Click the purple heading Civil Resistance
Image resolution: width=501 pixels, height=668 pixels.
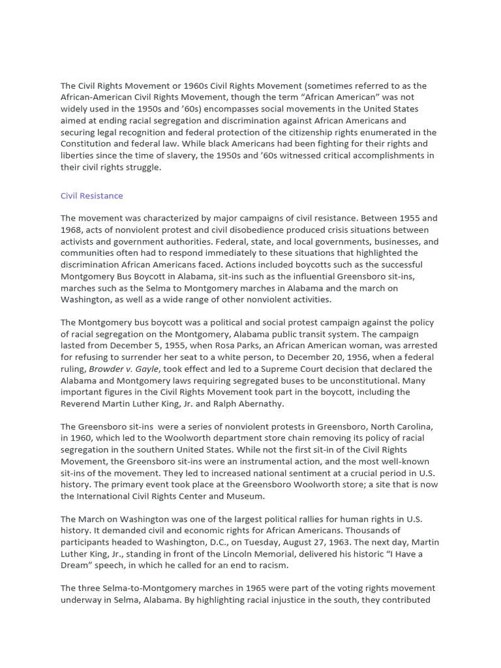(x=91, y=196)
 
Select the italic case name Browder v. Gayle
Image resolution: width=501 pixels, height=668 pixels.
(x=124, y=369)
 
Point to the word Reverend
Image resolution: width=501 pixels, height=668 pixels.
(x=82, y=404)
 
